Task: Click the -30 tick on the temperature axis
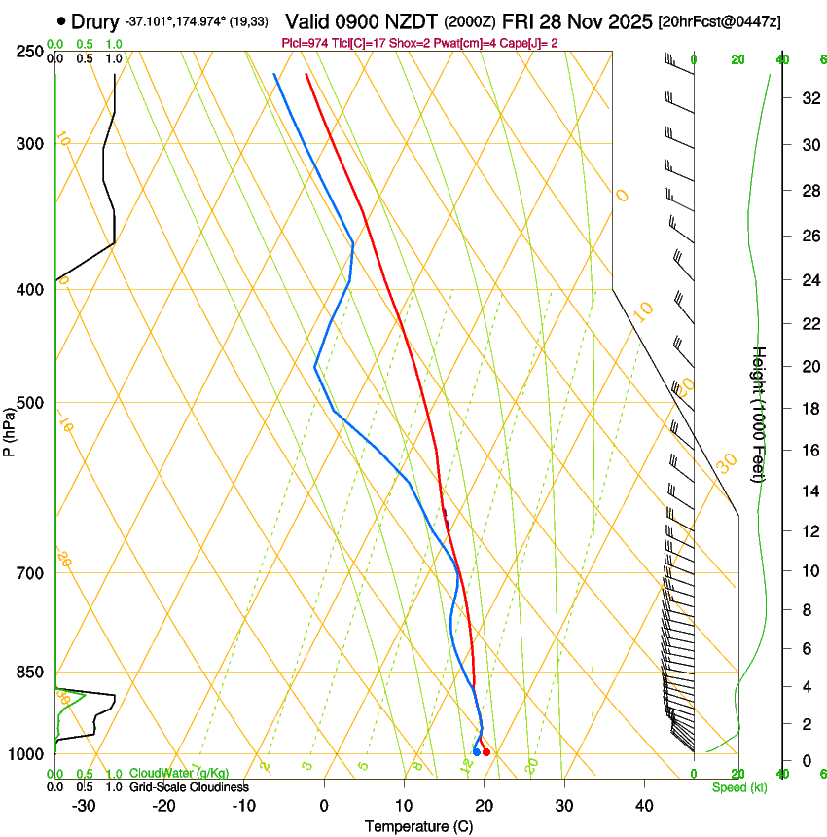(84, 806)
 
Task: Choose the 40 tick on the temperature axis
(644, 806)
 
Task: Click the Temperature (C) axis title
(418, 826)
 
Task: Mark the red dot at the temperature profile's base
(486, 752)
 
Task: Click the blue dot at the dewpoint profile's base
(476, 751)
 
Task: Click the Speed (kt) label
(738, 787)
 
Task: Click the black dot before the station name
(62, 20)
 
